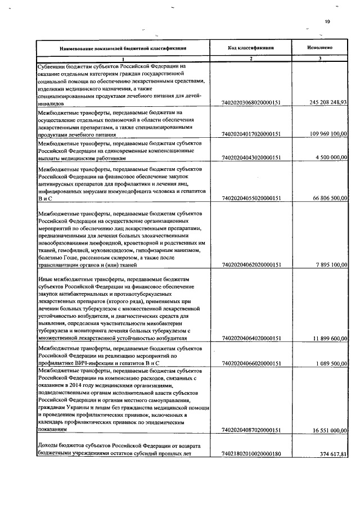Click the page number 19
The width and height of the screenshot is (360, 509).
pyautogui.click(x=328, y=22)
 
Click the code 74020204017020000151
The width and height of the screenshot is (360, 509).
pyautogui.click(x=251, y=134)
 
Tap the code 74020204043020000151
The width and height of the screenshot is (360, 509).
pyautogui.click(x=251, y=158)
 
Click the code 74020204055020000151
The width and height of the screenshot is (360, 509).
pyautogui.click(x=251, y=199)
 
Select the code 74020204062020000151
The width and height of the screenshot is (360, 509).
pyautogui.click(x=251, y=265)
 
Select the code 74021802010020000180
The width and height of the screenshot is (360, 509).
pyautogui.click(x=251, y=453)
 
